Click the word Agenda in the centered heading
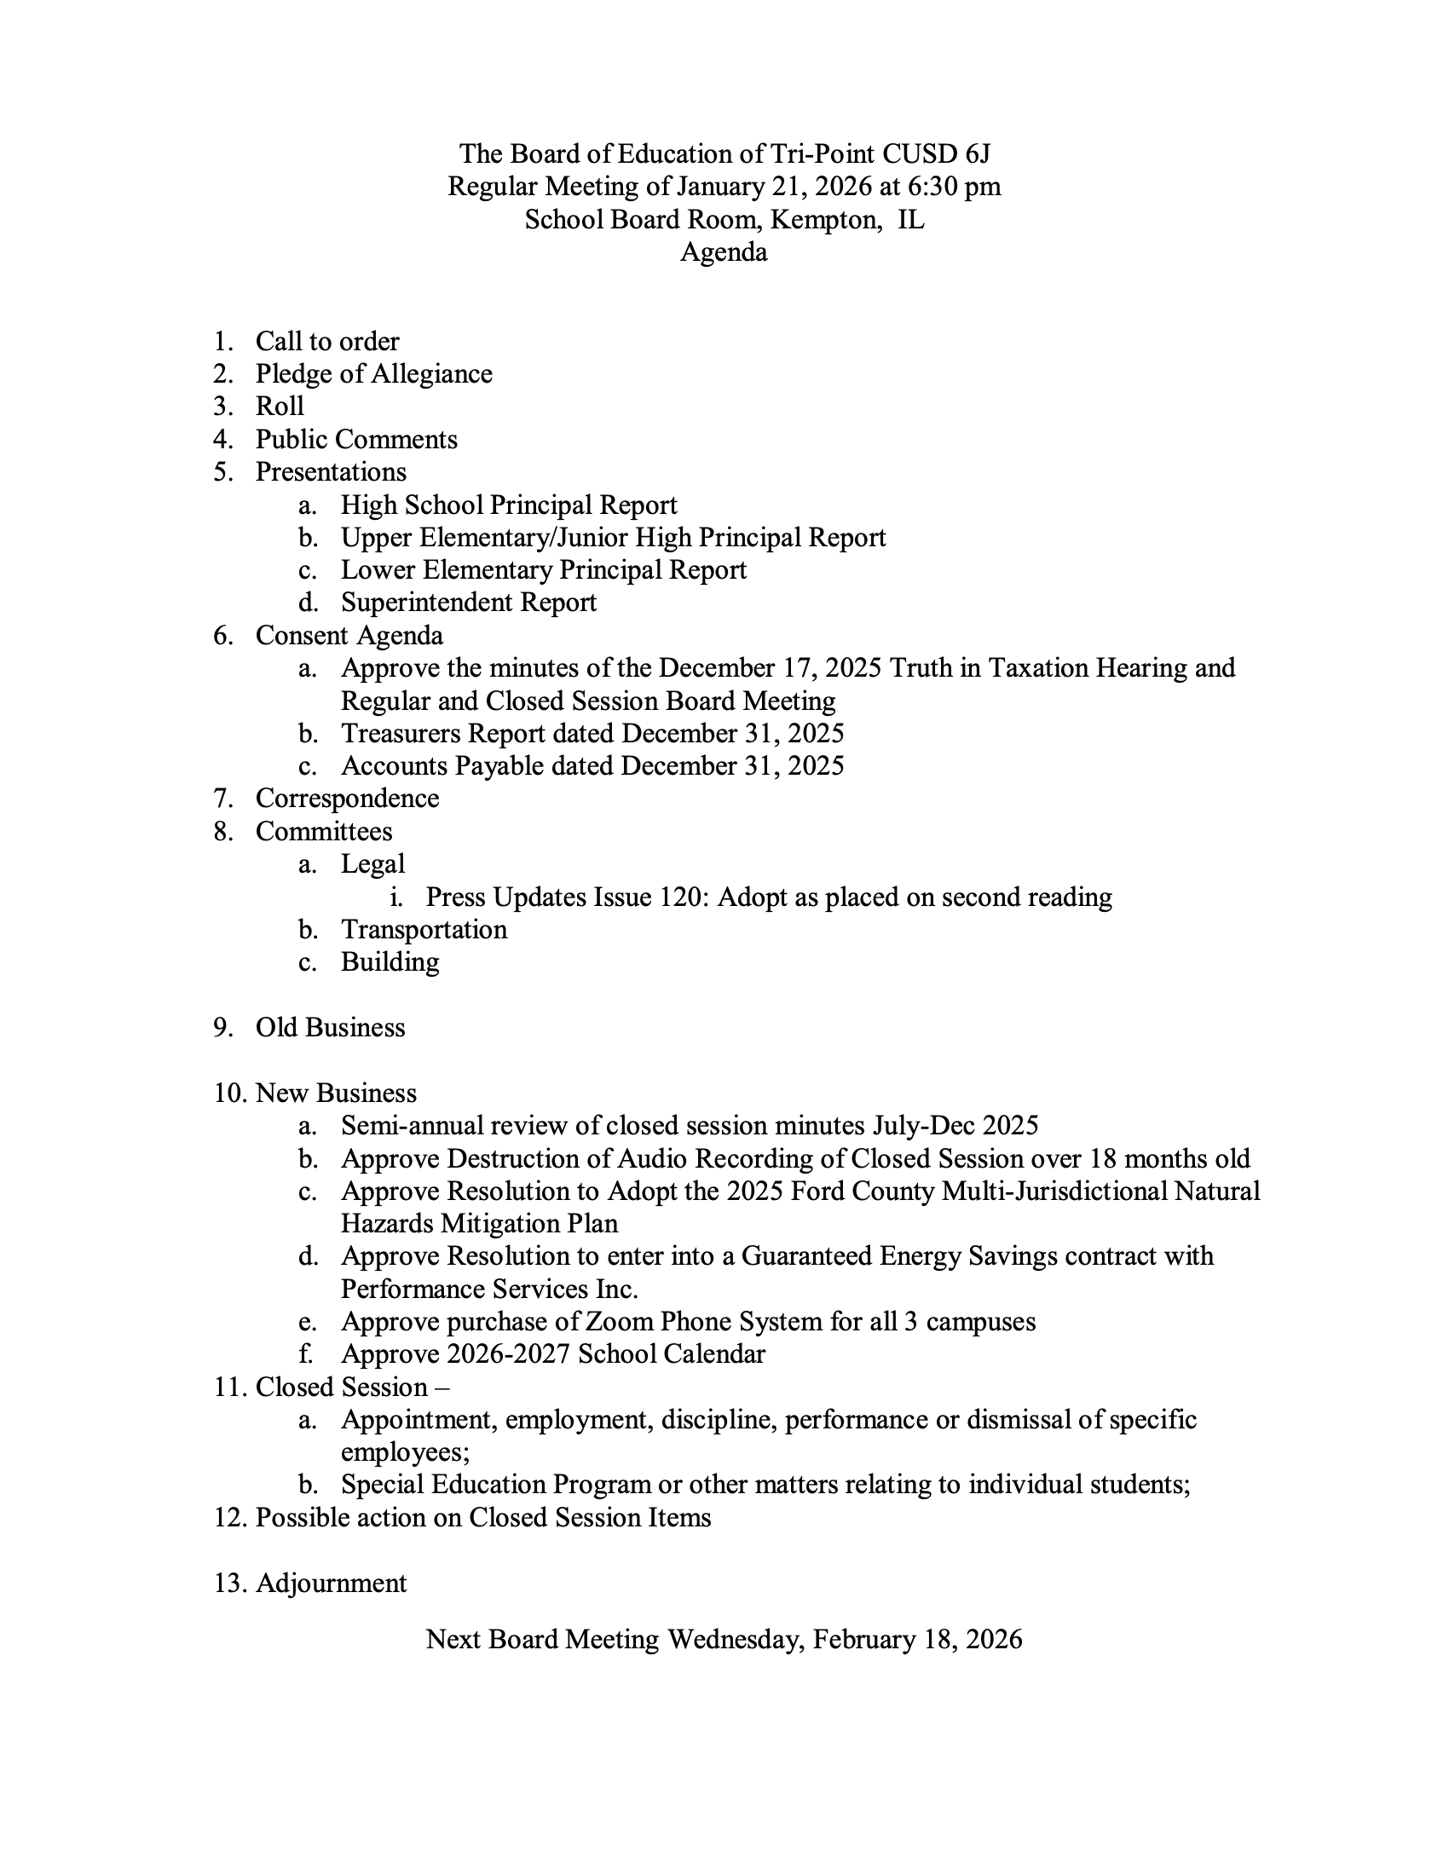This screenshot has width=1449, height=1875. tap(724, 252)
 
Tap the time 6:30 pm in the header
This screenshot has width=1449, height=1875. tap(954, 187)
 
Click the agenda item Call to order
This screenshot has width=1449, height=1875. tap(327, 342)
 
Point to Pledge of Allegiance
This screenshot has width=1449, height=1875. tap(373, 374)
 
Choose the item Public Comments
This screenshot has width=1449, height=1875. tap(356, 440)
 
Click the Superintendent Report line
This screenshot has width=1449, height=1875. tap(468, 603)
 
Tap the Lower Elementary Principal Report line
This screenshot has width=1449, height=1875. tap(544, 570)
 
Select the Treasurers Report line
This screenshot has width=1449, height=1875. tap(592, 733)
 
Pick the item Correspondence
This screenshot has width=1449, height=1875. tap(347, 799)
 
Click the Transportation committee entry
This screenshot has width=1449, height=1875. tap(424, 930)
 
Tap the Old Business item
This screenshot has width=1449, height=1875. tap(330, 1028)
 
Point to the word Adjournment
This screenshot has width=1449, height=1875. tap(331, 1584)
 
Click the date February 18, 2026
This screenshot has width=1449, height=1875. tap(917, 1640)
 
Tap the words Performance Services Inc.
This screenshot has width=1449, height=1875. tap(489, 1289)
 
